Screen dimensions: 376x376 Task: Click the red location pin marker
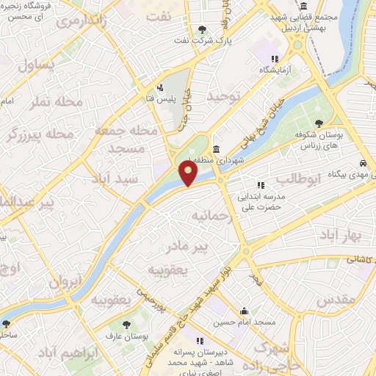(189, 173)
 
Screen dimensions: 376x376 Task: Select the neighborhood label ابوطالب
(299, 179)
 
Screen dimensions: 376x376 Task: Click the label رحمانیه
(212, 217)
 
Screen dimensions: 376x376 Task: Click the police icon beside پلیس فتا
(160, 87)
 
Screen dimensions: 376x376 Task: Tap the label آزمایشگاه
(275, 70)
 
